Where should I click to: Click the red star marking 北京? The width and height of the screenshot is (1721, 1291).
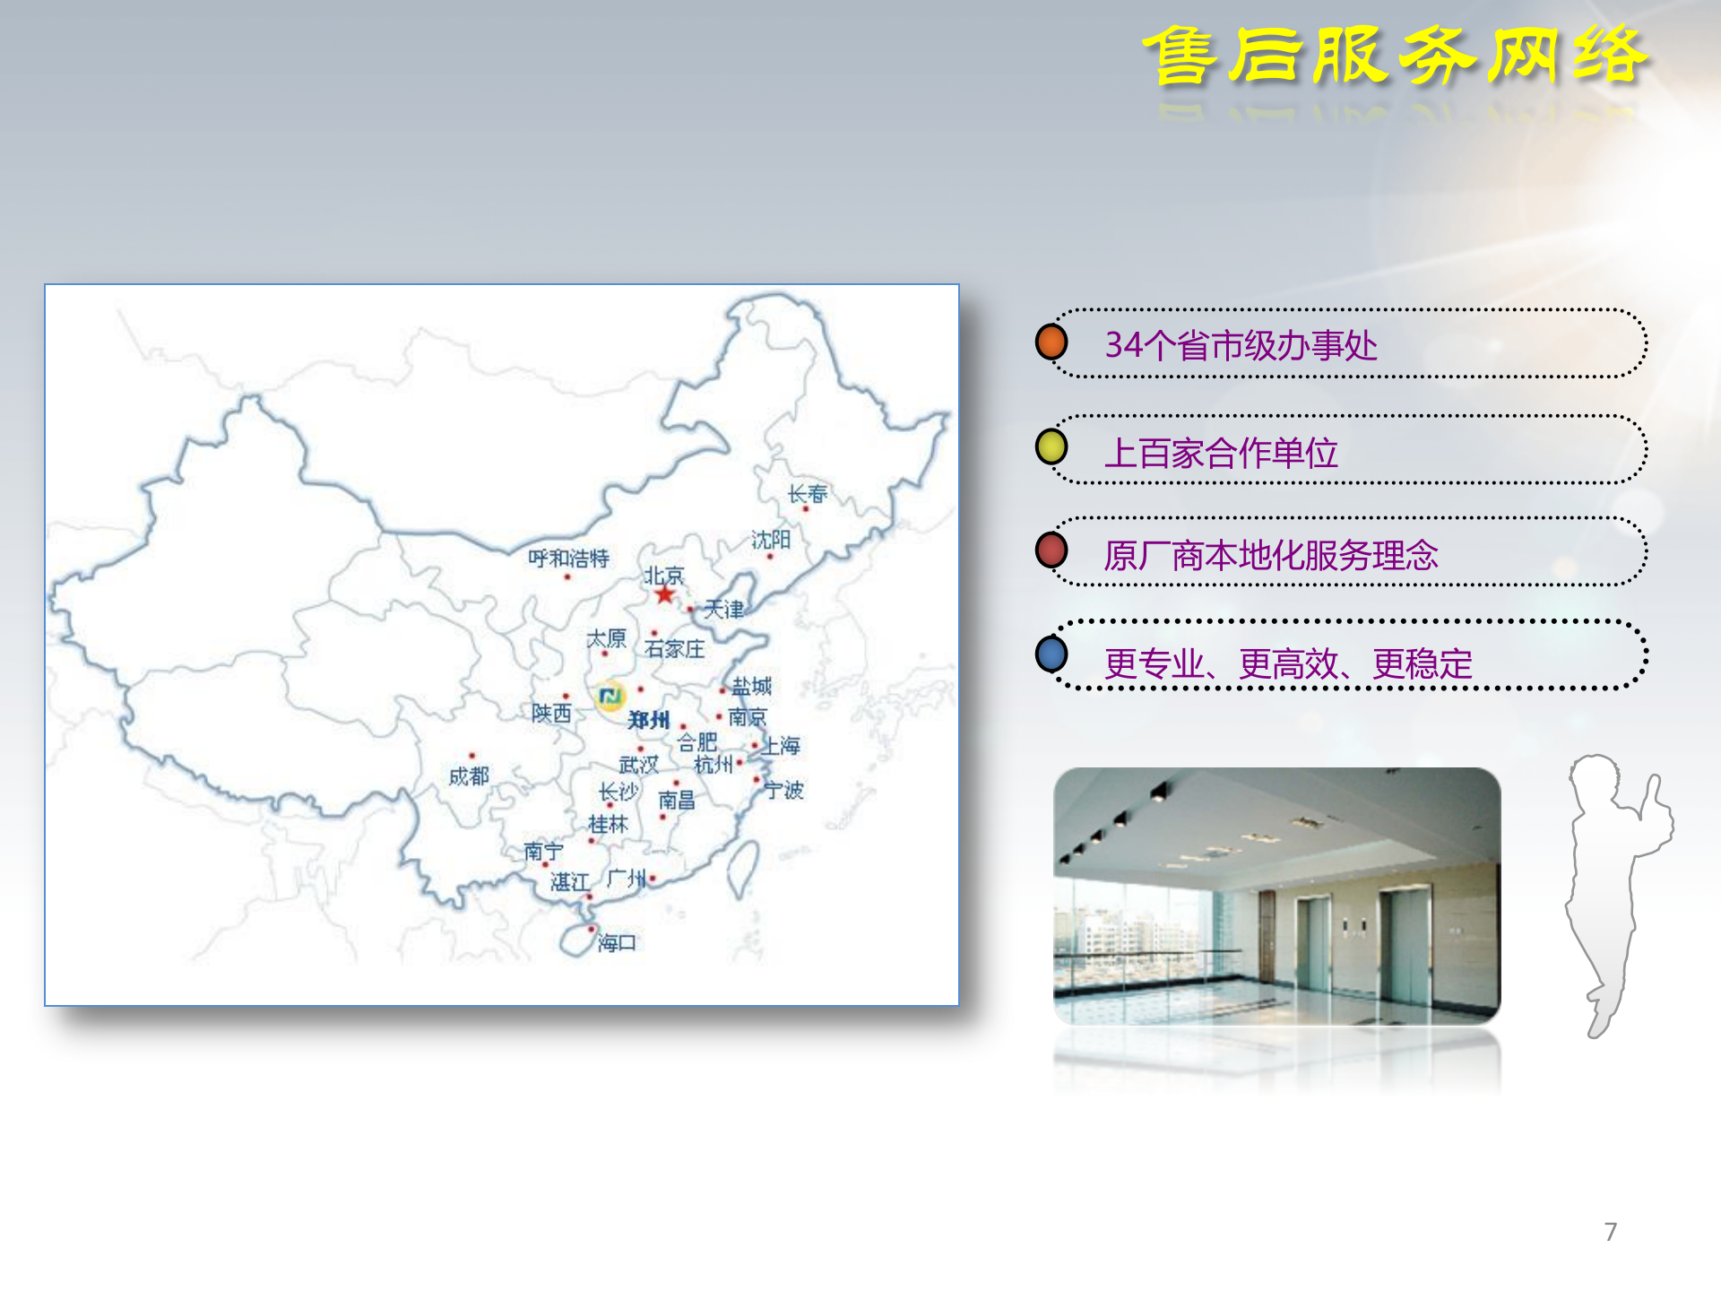coord(664,594)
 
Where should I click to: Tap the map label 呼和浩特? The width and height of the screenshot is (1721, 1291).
coord(568,559)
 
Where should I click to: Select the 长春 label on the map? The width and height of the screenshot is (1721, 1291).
coord(807,494)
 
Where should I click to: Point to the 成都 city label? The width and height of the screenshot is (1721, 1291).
coord(469,775)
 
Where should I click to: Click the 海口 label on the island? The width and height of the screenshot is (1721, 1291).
coord(617,942)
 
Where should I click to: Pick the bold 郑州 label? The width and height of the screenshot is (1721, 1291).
coord(648,720)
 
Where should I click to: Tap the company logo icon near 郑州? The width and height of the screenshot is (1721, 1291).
coord(610,697)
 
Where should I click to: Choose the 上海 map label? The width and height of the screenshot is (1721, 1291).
coord(782,745)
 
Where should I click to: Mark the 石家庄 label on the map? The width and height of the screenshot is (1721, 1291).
coord(674,648)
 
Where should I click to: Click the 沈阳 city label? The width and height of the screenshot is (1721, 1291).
coord(771,540)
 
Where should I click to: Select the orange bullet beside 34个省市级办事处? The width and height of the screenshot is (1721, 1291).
coord(1051,342)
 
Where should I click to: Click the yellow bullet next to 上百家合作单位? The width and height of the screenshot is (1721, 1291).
coord(1051,446)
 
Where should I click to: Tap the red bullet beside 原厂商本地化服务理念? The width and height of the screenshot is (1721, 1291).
coord(1051,550)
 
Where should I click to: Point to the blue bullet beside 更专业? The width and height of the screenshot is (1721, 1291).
coord(1051,654)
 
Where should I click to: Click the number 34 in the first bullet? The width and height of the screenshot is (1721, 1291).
coord(1124,345)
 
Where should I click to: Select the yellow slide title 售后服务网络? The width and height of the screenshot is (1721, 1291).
coord(1394,56)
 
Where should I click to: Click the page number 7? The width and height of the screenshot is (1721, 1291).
coord(1611,1232)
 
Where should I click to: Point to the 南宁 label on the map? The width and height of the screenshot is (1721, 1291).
coord(543,851)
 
